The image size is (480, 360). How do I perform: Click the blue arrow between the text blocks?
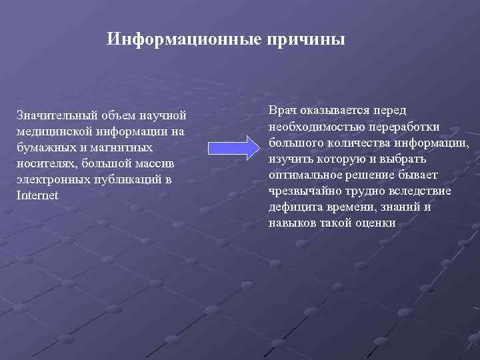[x=229, y=149]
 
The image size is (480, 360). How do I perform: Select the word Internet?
[x=37, y=195]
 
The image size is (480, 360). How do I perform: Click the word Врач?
[x=283, y=111]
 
